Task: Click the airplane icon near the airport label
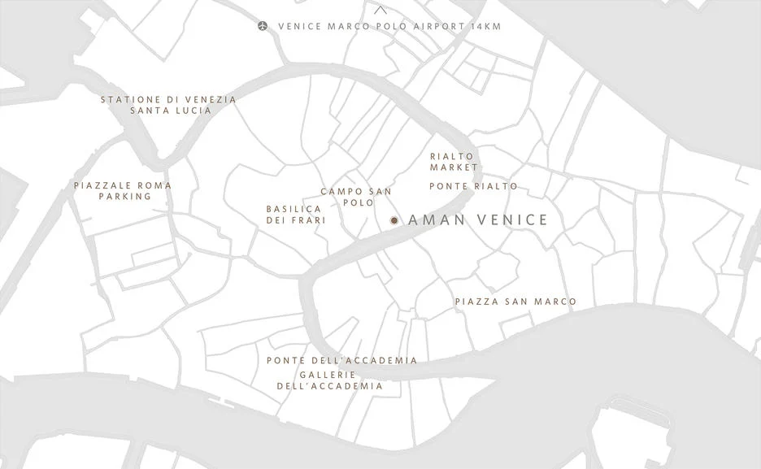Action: coord(263,26)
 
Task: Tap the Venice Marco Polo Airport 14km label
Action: coord(389,26)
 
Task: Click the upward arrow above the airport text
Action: coord(380,11)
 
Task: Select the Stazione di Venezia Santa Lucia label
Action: coord(168,105)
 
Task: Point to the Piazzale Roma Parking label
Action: coord(123,190)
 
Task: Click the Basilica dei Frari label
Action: coord(296,215)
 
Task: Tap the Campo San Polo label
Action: coord(356,197)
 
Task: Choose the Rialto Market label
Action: coord(454,161)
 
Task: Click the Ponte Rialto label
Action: coord(473,186)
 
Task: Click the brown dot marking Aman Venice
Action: coord(394,220)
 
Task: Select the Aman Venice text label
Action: coord(477,220)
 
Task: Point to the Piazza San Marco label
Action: coord(515,302)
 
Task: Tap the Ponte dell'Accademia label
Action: coord(341,360)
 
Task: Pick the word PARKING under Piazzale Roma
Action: coord(125,196)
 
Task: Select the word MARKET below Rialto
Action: coord(454,167)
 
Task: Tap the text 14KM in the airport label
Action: coord(485,26)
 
